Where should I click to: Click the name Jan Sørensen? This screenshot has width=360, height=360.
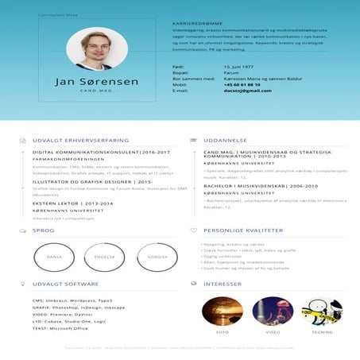[97, 82]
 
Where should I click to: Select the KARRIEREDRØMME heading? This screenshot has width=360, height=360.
[196, 24]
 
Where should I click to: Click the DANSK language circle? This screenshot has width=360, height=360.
[54, 257]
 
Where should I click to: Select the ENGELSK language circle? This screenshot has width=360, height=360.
[105, 257]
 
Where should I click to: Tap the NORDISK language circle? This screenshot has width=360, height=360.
[157, 257]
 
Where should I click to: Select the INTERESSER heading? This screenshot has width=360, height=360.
[222, 284]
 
